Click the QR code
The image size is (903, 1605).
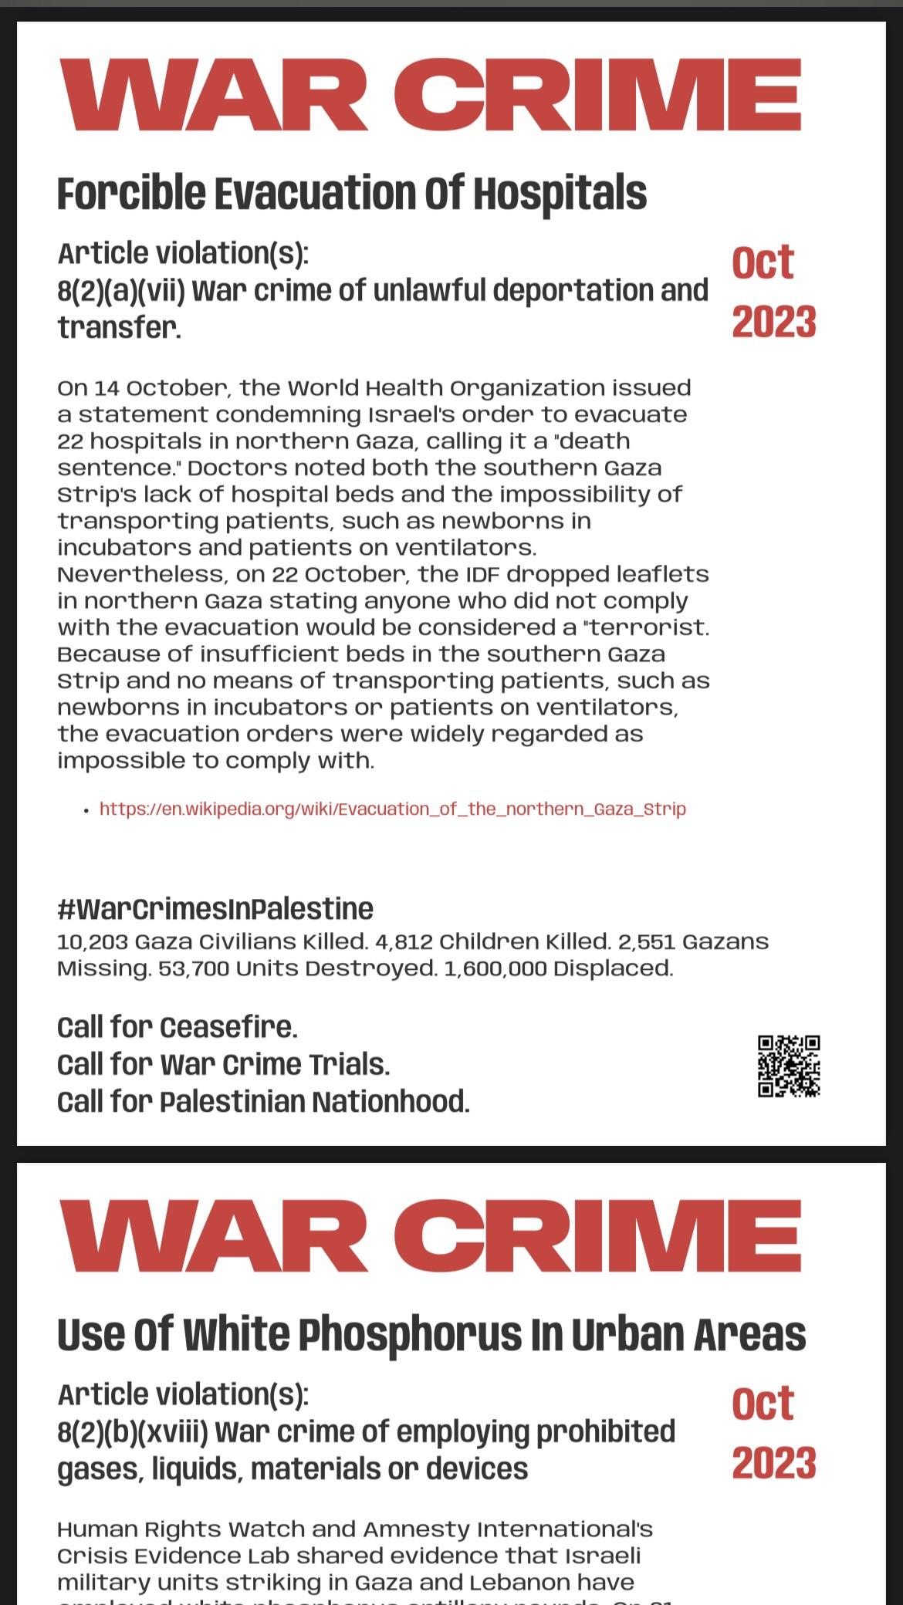[x=788, y=1066]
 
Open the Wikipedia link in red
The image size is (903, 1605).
[x=392, y=809]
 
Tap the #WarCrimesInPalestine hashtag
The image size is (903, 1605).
[x=215, y=908]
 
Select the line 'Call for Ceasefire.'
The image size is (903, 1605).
[x=177, y=1027]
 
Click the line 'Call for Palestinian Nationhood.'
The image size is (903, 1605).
[x=263, y=1101]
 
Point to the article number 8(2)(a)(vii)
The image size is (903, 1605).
[x=120, y=291]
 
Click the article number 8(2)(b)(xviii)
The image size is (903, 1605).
[x=132, y=1431]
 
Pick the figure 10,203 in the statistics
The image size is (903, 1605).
[x=92, y=942]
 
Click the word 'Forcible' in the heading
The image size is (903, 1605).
[x=131, y=193]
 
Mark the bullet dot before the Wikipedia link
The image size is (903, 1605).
[x=87, y=809]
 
